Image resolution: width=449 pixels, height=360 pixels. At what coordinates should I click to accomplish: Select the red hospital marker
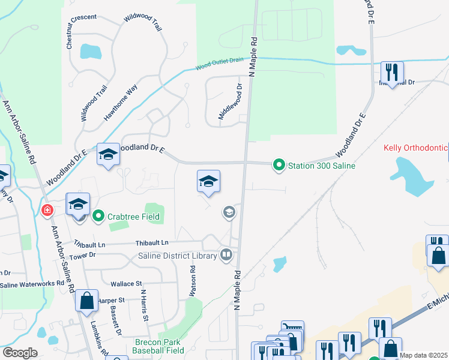pyautogui.click(x=47, y=210)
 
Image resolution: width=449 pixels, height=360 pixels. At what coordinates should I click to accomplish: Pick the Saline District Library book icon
pyautogui.click(x=226, y=255)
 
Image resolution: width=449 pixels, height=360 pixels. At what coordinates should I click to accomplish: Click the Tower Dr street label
pyautogui.click(x=83, y=255)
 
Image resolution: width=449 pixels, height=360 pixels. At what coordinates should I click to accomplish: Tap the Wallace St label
pyautogui.click(x=126, y=283)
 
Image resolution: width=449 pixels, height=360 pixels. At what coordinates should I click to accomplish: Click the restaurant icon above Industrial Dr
pyautogui.click(x=393, y=72)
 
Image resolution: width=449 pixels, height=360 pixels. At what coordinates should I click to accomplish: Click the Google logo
pyautogui.click(x=20, y=353)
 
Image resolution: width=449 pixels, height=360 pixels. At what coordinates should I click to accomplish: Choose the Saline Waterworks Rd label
pyautogui.click(x=32, y=283)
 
